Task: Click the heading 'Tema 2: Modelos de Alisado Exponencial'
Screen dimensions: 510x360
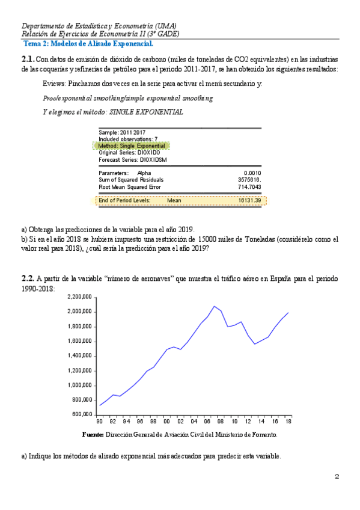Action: (88, 44)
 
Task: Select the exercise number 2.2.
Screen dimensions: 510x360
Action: (28, 279)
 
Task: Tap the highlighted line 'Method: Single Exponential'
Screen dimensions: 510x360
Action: (132, 146)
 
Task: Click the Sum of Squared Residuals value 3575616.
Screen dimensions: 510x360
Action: (250, 180)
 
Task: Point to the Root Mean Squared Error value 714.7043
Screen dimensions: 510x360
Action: (249, 187)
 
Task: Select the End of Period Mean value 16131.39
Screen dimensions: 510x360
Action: (249, 200)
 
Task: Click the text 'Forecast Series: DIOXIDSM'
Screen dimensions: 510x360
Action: (133, 160)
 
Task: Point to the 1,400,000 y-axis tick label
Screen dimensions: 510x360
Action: (78, 356)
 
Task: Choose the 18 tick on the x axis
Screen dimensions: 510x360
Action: (288, 422)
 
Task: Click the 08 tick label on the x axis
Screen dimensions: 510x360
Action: (221, 422)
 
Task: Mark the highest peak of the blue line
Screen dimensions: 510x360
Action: (214, 306)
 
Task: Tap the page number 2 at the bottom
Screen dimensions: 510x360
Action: (337, 478)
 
